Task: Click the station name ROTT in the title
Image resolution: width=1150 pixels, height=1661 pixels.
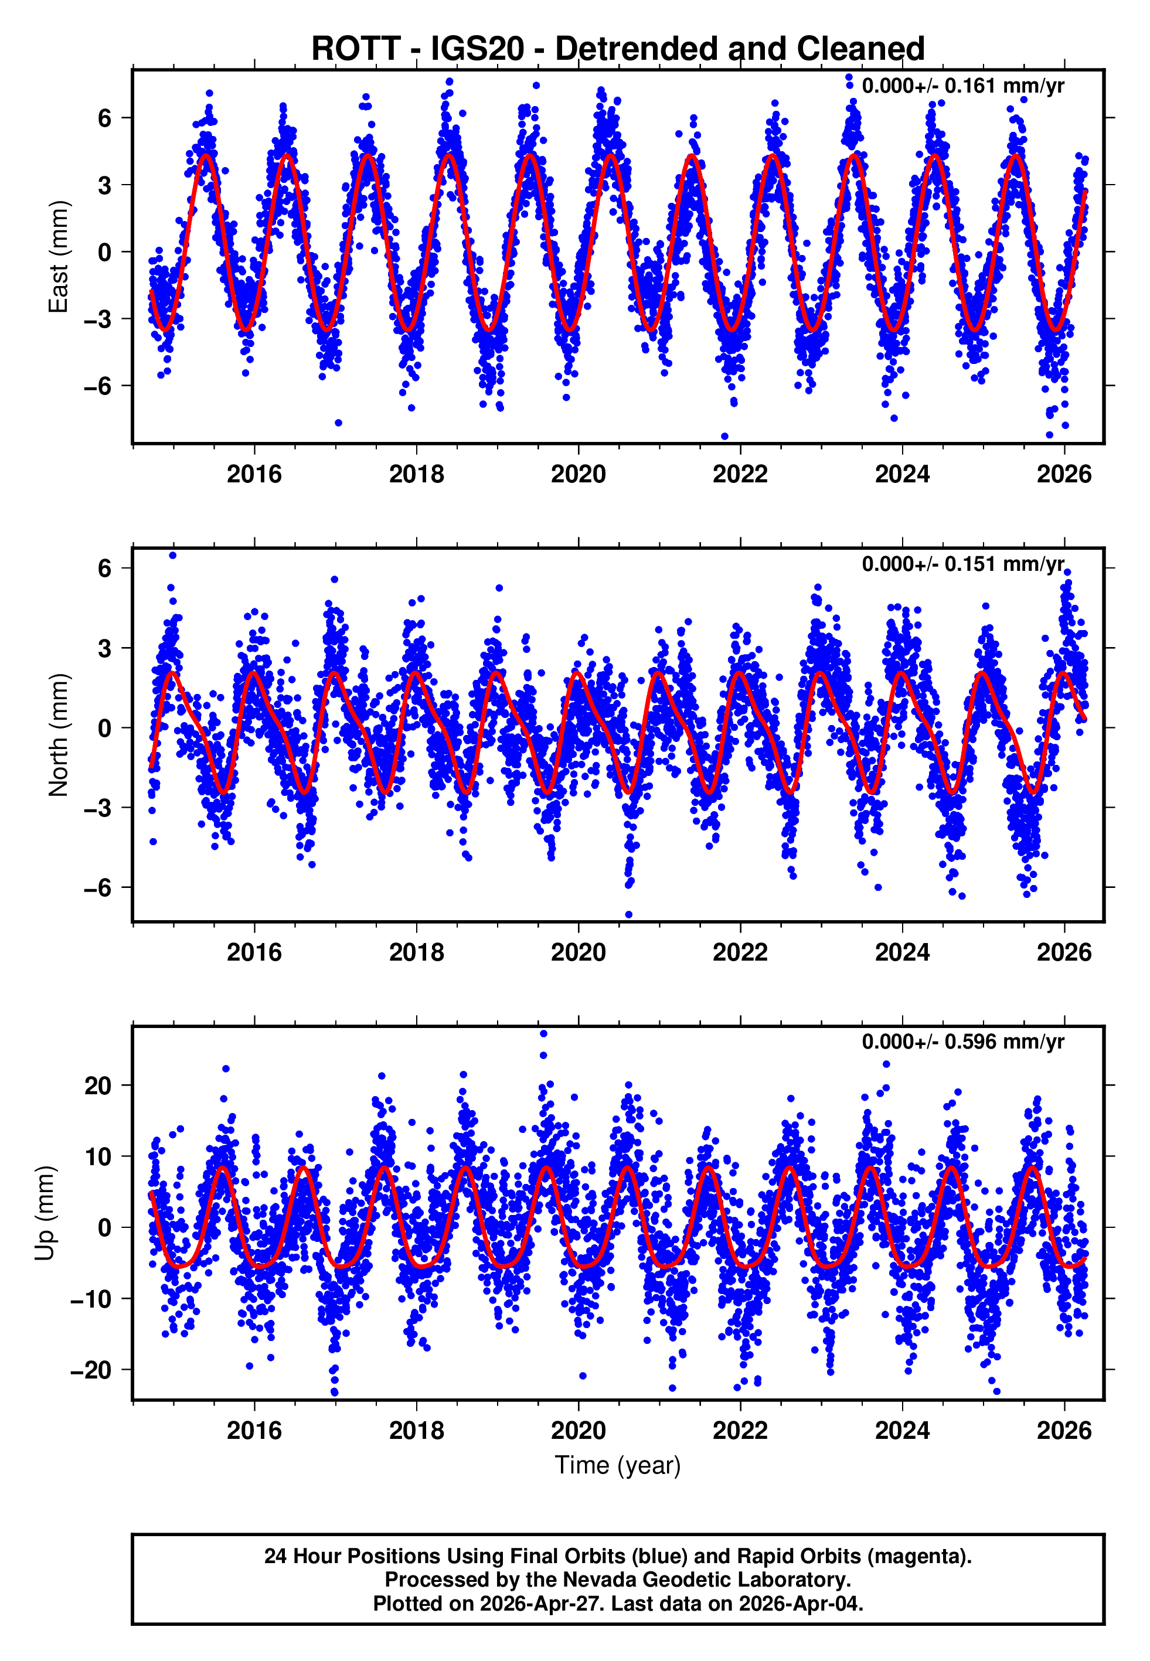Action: (x=355, y=49)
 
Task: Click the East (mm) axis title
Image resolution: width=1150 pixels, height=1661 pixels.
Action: (x=57, y=257)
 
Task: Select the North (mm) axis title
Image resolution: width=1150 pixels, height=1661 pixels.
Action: (x=57, y=735)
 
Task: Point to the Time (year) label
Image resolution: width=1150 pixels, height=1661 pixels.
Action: (x=618, y=1465)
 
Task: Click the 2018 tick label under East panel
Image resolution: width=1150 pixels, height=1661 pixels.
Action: (x=417, y=474)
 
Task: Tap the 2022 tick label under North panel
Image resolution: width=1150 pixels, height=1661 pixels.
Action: (x=740, y=952)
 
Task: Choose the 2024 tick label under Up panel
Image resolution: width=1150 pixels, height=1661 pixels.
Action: (x=902, y=1431)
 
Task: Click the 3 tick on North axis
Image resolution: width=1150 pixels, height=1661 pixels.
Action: (x=105, y=648)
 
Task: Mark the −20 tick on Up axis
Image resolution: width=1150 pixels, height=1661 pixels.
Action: (x=91, y=1370)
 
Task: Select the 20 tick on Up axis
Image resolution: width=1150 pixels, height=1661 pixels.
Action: (x=97, y=1085)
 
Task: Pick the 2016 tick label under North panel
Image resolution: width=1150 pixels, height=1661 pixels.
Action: (x=254, y=952)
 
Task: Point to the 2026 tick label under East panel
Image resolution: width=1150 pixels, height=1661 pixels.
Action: (x=1064, y=474)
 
